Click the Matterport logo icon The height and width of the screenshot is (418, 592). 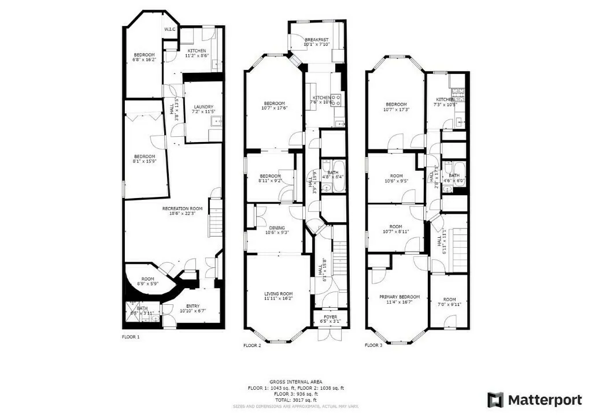[x=495, y=400]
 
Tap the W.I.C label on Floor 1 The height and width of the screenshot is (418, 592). [x=170, y=29]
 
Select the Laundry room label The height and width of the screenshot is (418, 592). [x=203, y=107]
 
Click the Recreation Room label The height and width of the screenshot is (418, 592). [x=182, y=208]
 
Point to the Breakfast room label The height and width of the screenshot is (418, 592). [x=317, y=40]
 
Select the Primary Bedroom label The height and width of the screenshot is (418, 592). [x=398, y=297]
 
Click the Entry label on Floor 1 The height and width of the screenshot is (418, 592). [x=193, y=306]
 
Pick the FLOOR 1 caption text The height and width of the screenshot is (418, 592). [x=131, y=337]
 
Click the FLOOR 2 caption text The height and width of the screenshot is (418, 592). [x=252, y=345]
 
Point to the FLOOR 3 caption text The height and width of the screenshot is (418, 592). [x=373, y=345]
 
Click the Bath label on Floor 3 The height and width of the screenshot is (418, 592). [x=454, y=175]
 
